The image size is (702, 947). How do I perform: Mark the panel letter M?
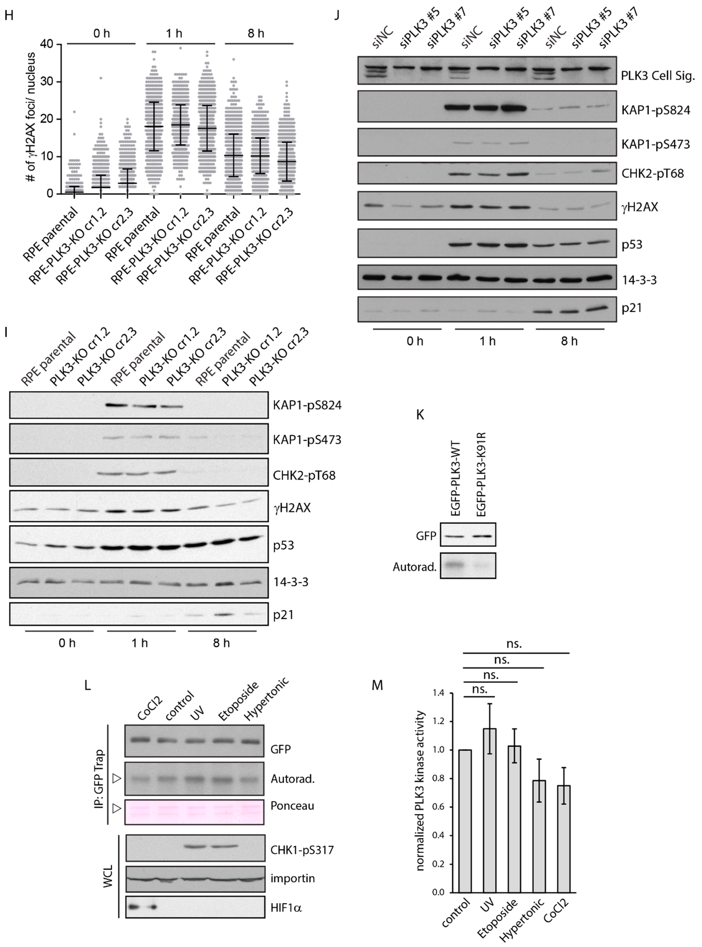point(377,685)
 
